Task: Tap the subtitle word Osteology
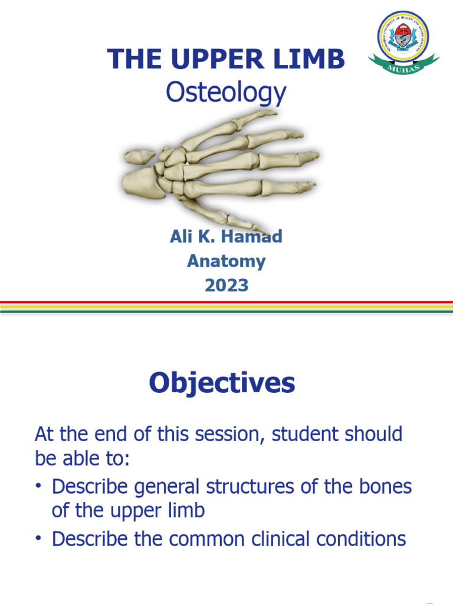point(226,93)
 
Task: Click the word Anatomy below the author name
point(226,261)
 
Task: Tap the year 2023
point(226,286)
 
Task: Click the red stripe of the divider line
point(226,303)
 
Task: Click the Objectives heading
point(222,384)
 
